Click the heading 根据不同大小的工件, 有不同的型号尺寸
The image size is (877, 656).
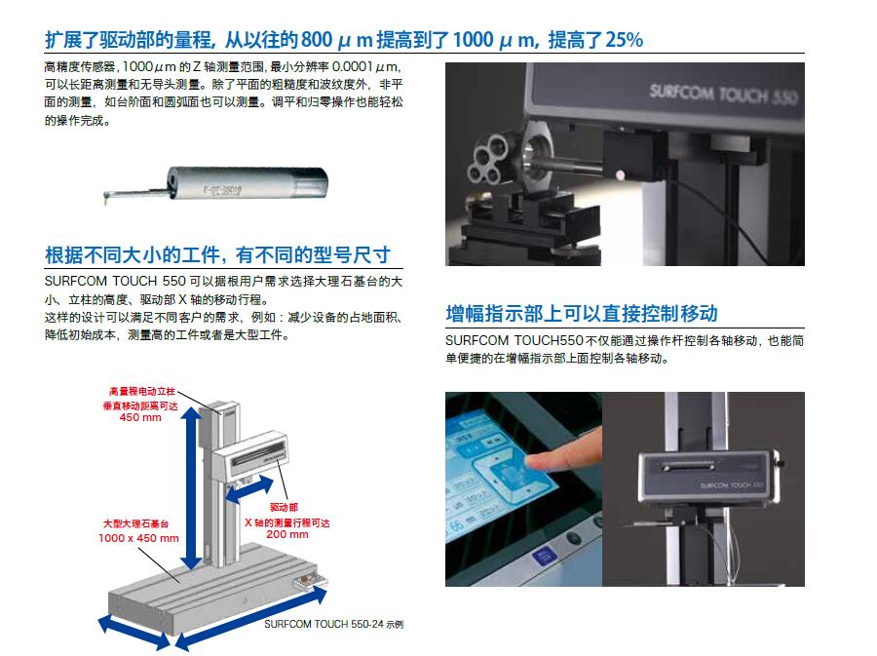coord(217,255)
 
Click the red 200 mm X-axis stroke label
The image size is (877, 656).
coord(287,534)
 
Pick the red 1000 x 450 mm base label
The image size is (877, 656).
coord(138,538)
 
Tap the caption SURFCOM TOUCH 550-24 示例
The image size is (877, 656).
coord(332,624)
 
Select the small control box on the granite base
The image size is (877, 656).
coord(313,582)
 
